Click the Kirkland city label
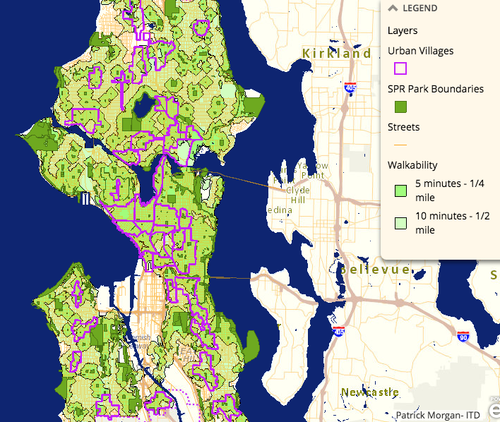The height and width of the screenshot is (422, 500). coord(336,54)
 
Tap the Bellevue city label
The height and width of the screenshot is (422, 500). coord(375,270)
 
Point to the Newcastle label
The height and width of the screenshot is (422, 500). coord(369,392)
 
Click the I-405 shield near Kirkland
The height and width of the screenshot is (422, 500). coord(350,88)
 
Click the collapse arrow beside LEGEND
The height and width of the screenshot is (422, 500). coord(393,8)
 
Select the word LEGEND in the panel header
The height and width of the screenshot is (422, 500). coord(420,8)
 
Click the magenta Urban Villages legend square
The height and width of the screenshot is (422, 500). coord(400,68)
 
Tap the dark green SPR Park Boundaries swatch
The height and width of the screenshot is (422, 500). coord(400,107)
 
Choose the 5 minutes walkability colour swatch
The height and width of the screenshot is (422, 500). coord(400,190)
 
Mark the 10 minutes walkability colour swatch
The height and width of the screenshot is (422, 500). coord(400,223)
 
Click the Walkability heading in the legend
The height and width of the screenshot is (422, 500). coord(412,165)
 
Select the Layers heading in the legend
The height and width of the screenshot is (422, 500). coord(403,31)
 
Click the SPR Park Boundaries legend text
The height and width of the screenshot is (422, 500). coord(436,89)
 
